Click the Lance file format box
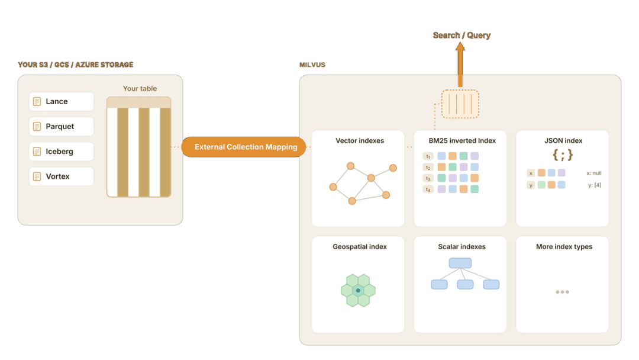[61, 101]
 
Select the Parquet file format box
[61, 126]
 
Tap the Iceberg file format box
[61, 151]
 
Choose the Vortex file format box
[61, 176]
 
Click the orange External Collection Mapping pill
[244, 147]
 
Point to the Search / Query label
[461, 36]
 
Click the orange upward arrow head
[460, 46]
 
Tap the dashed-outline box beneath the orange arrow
[460, 104]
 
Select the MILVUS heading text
[312, 65]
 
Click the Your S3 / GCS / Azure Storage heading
[75, 65]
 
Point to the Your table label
[140, 88]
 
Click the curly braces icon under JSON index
[563, 155]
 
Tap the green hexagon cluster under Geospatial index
[358, 290]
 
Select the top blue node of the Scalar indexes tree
[460, 262]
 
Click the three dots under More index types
[563, 292]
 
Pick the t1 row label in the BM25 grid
[428, 156]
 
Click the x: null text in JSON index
[594, 173]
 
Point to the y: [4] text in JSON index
[595, 185]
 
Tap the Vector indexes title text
[360, 141]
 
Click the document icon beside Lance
[37, 101]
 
